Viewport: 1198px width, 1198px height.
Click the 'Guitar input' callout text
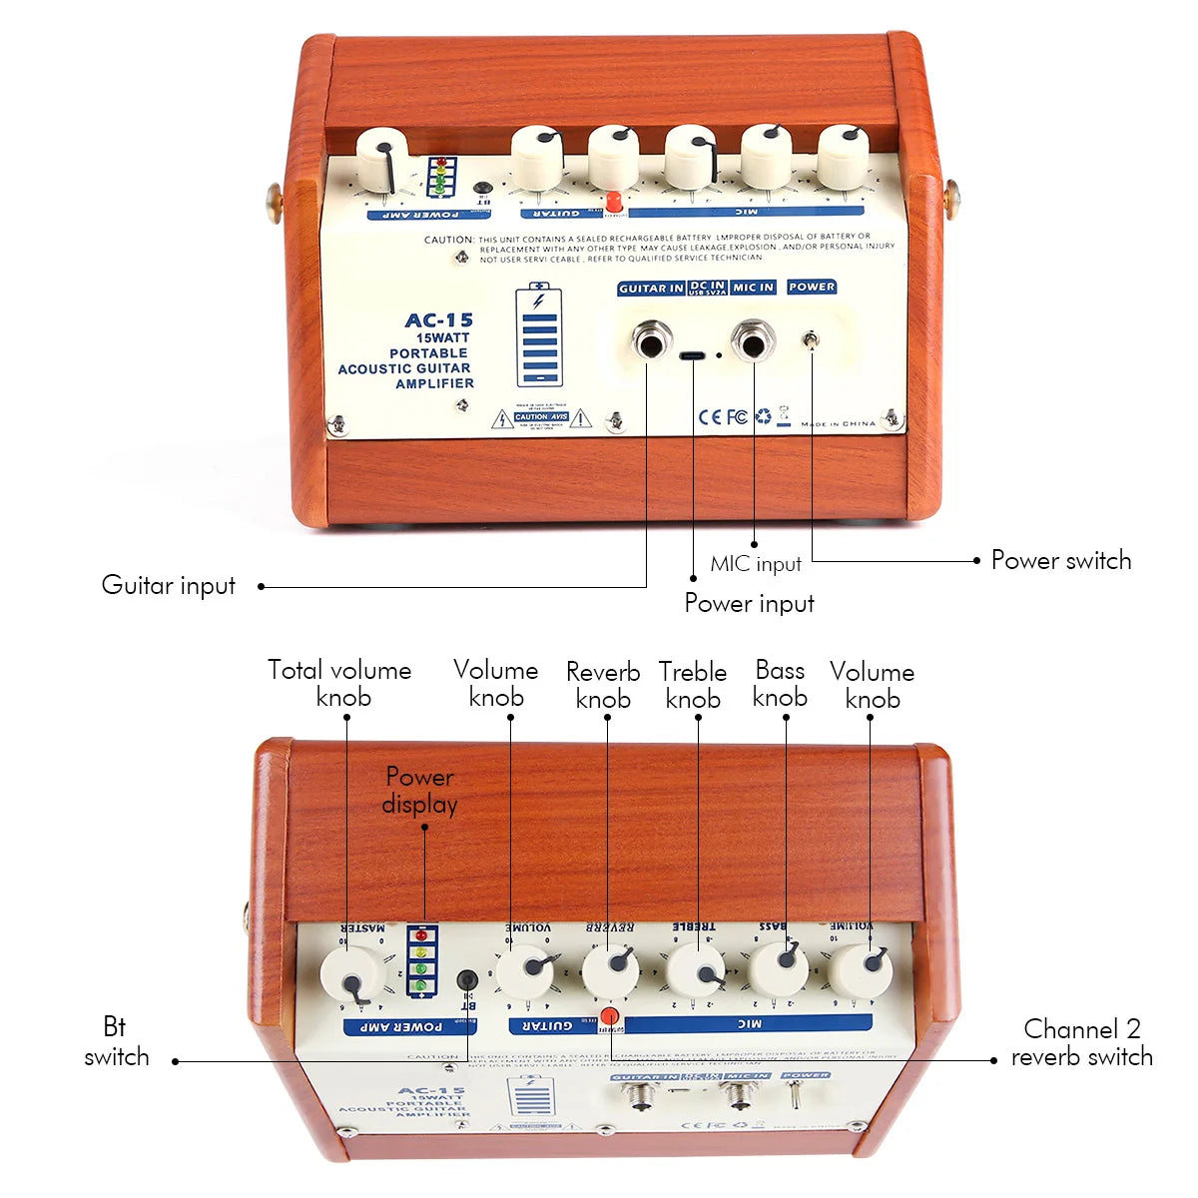[169, 585]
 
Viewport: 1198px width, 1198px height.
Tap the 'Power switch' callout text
[1060, 560]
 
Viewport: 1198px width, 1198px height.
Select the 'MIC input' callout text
[755, 564]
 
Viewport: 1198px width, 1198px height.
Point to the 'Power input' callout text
[749, 603]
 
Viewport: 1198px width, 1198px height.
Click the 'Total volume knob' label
[340, 683]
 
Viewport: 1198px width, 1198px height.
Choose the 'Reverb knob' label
[603, 685]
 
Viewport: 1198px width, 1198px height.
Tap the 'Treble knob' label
[693, 685]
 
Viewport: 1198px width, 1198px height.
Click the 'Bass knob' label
[780, 683]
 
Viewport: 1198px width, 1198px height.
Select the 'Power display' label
[420, 791]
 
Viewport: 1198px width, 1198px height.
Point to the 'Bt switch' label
[116, 1041]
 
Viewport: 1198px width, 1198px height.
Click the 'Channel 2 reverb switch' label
[1081, 1042]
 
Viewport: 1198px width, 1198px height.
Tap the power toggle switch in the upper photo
[811, 342]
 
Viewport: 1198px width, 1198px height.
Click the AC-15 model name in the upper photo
[438, 320]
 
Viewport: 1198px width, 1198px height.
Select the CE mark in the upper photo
[709, 416]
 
